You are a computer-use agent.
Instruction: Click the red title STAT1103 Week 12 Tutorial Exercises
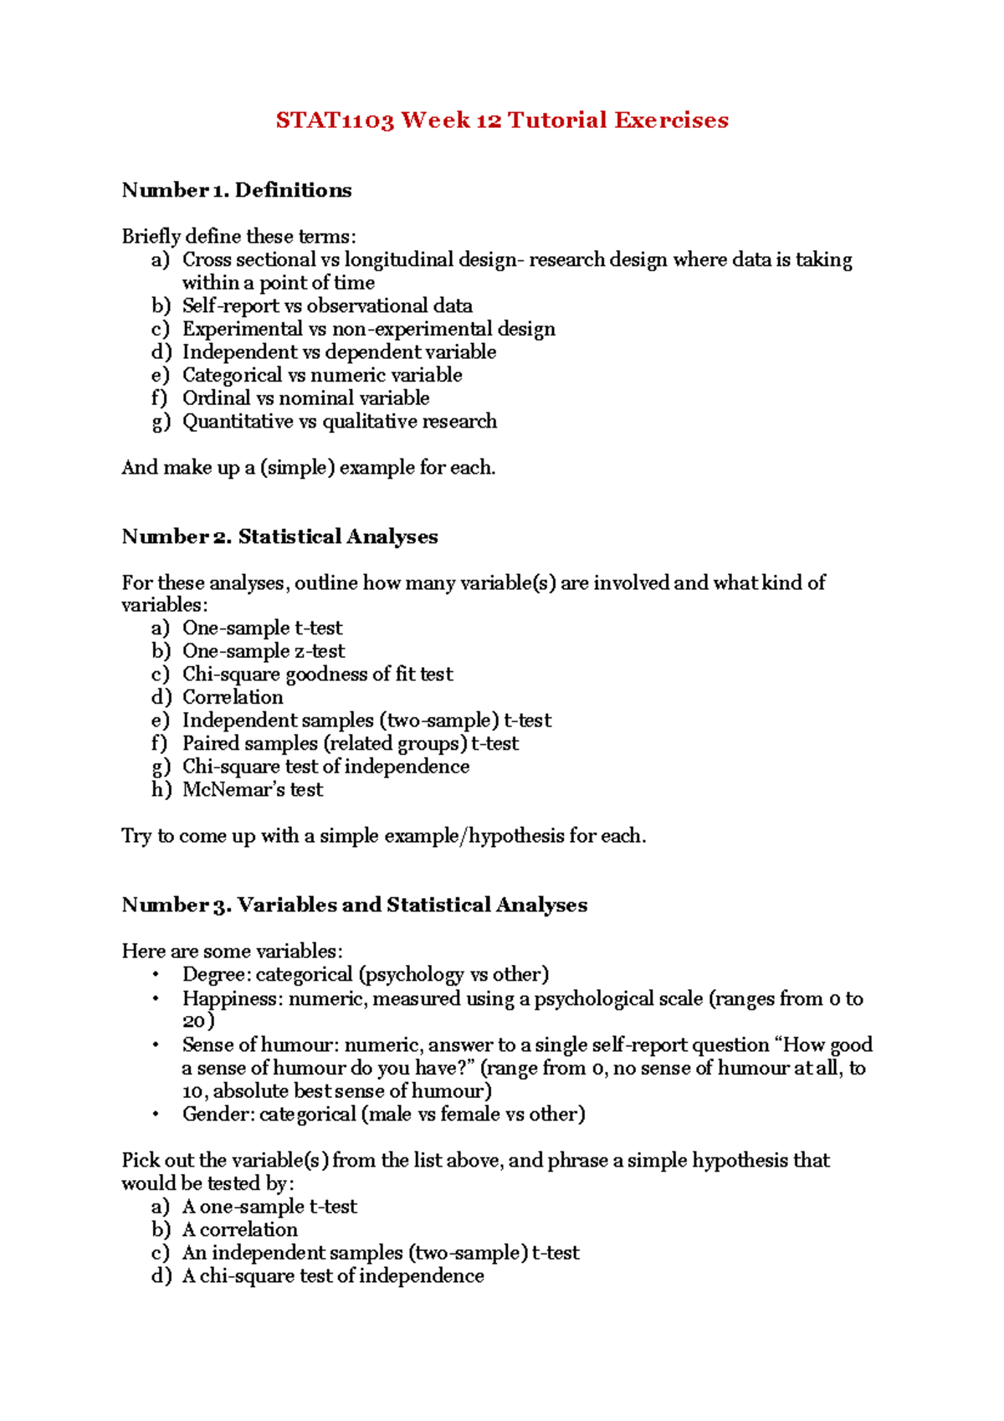(502, 121)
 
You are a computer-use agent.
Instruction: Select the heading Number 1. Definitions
(237, 191)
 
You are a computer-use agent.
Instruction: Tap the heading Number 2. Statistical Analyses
(279, 536)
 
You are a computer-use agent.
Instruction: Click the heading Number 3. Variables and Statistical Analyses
(354, 905)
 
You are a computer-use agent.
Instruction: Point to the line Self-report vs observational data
(327, 306)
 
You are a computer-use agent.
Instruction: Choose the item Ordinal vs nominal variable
(305, 398)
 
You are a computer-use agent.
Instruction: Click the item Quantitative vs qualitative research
(339, 422)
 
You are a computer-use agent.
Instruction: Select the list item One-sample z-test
(263, 651)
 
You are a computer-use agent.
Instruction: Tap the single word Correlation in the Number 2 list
(233, 697)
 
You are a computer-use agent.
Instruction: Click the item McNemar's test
(252, 790)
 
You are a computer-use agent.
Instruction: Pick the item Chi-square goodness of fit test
(317, 675)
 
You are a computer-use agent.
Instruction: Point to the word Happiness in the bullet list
(215, 998)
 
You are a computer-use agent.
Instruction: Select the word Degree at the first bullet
(207, 975)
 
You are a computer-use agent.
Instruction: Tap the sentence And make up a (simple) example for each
(308, 468)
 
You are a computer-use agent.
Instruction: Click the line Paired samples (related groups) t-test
(350, 743)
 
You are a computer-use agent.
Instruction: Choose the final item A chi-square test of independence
(332, 1276)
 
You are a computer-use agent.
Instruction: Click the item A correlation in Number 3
(239, 1230)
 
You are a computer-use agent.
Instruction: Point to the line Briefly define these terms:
(238, 237)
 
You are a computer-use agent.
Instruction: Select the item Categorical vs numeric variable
(321, 376)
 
